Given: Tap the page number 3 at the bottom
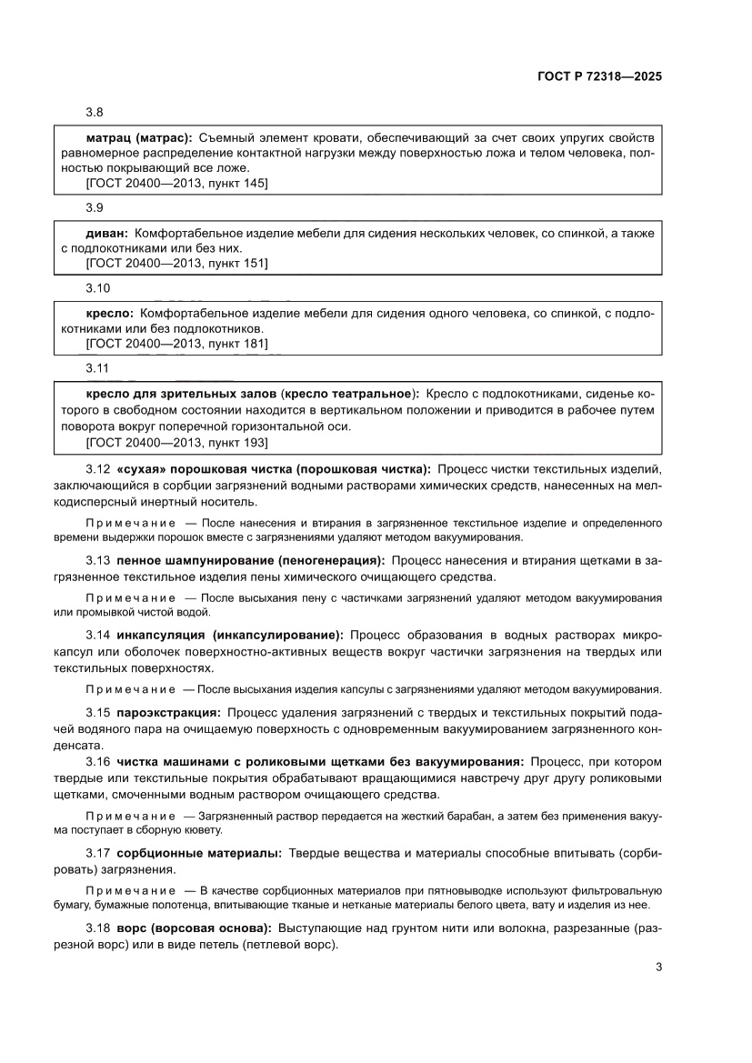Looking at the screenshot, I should pos(657,967).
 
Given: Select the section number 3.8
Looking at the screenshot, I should pos(95,113).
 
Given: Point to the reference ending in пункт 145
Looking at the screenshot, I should pos(176,183).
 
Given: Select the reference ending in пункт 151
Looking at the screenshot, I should pos(176,264).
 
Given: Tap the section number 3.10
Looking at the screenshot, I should pos(97,288).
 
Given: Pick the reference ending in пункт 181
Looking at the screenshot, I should pos(176,344).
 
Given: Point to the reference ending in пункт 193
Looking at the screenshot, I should pos(176,442).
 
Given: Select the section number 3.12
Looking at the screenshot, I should pos(98,469).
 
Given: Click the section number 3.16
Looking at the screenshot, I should pos(98,760).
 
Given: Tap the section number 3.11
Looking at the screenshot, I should pos(97,368).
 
